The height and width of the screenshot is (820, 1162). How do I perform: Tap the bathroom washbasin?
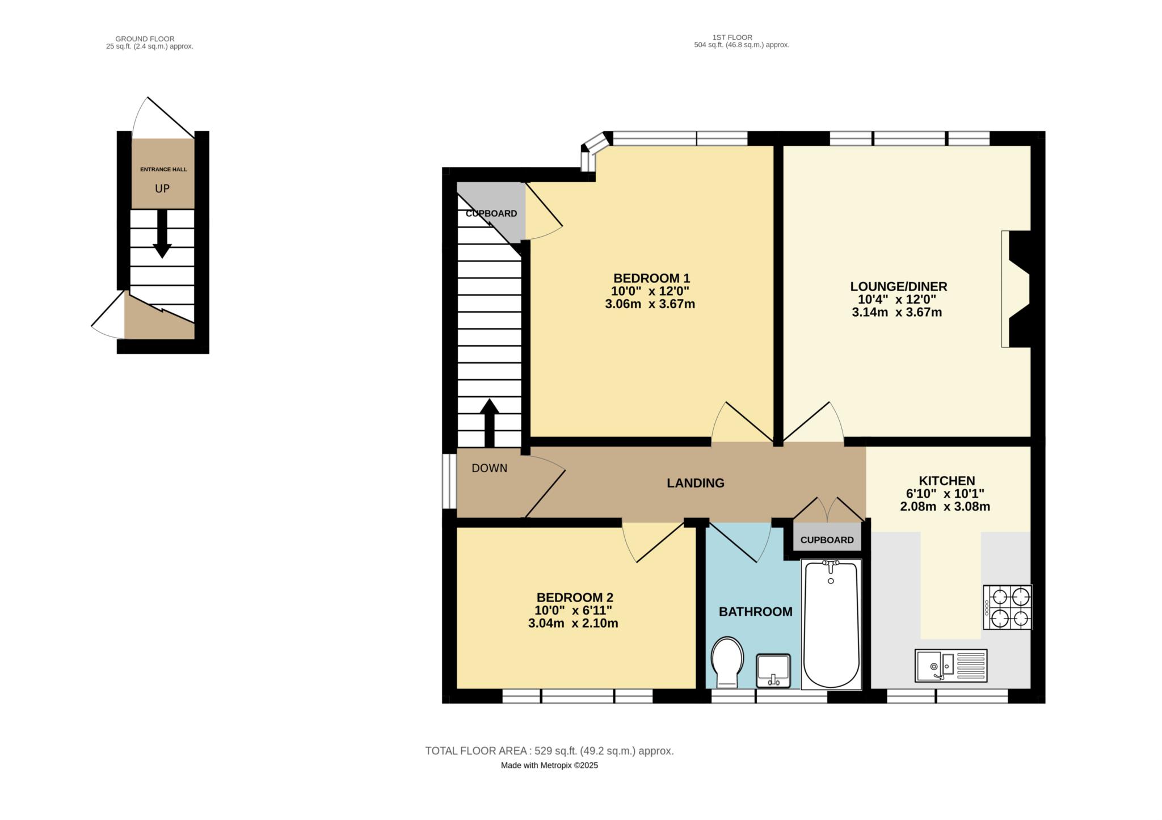point(773,670)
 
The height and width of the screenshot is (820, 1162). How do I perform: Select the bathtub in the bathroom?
point(831,625)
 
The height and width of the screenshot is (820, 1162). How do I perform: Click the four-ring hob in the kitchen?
point(1008,607)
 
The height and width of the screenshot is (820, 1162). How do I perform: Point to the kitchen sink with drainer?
point(951,666)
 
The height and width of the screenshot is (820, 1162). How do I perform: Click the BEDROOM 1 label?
point(651,279)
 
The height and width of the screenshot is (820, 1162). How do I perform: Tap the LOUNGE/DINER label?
point(899,287)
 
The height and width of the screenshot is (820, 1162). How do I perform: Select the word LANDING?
point(696,483)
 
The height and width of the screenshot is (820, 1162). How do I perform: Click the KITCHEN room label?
point(947,481)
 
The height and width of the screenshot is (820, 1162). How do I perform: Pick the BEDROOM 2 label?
point(575,598)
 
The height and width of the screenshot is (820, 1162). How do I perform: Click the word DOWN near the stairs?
point(490,468)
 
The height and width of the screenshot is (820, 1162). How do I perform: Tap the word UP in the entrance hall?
point(162,188)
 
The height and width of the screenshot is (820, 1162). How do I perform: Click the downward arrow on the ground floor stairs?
point(162,234)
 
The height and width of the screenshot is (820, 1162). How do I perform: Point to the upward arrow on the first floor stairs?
point(490,423)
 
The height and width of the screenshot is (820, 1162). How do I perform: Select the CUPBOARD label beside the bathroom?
point(827,540)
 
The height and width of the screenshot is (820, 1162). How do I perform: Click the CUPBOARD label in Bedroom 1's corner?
point(491,213)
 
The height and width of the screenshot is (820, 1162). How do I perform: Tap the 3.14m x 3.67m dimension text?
point(897,312)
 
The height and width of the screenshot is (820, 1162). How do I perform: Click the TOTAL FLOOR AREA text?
point(549,751)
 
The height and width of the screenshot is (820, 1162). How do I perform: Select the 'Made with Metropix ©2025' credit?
point(549,765)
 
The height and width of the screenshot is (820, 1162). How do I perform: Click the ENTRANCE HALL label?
point(163,169)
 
